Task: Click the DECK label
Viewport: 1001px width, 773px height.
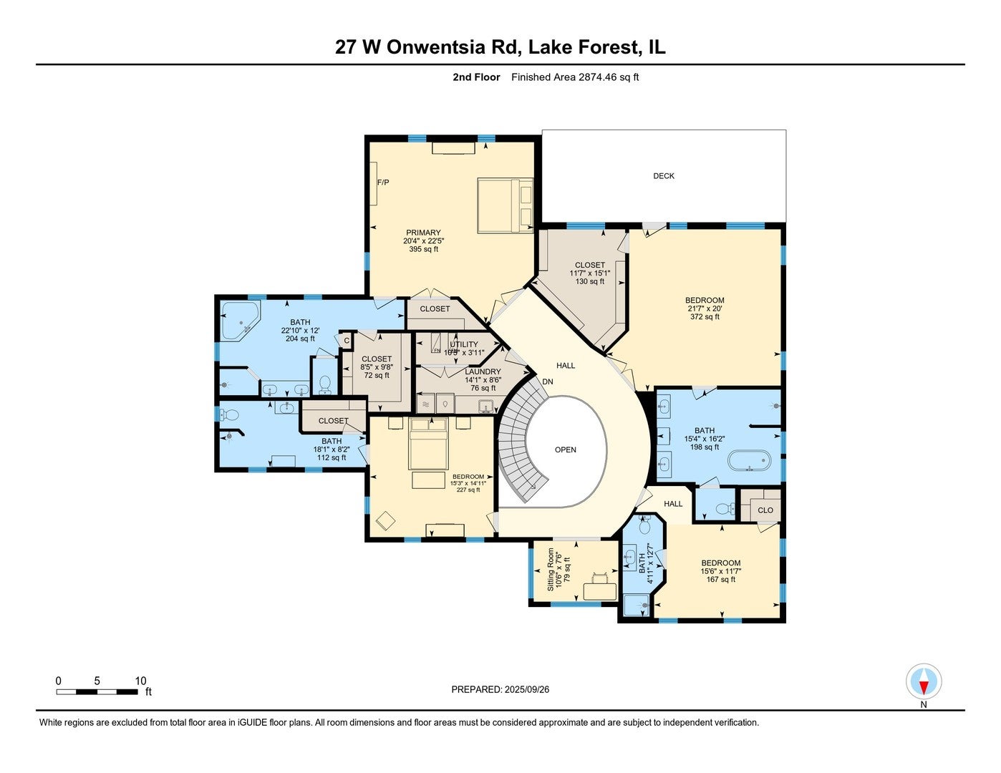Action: click(x=663, y=176)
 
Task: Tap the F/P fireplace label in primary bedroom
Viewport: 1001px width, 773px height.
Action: click(x=383, y=183)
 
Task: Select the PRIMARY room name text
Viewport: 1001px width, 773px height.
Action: click(x=423, y=233)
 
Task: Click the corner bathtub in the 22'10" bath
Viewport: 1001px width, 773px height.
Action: click(x=238, y=321)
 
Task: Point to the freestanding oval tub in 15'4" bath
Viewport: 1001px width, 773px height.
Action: click(x=749, y=460)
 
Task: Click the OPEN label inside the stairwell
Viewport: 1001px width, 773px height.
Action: click(x=565, y=450)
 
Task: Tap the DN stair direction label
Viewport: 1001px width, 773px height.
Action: click(x=548, y=382)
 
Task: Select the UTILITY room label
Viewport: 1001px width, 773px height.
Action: click(x=464, y=344)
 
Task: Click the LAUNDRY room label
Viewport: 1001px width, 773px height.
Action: click(x=483, y=372)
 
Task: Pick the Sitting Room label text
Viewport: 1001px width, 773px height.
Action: click(x=551, y=570)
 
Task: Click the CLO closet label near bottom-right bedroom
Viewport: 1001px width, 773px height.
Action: click(x=765, y=510)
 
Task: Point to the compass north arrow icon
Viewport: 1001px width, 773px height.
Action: click(x=924, y=681)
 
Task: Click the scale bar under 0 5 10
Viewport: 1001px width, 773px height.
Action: click(x=97, y=692)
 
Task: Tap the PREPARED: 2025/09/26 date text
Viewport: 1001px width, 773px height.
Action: click(x=500, y=690)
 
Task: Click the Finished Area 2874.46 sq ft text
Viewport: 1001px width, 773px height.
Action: click(x=574, y=77)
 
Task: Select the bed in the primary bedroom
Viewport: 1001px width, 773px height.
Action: click(x=505, y=205)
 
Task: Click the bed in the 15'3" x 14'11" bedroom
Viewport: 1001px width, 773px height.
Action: click(x=428, y=444)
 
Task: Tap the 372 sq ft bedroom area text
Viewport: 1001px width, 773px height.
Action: click(x=705, y=317)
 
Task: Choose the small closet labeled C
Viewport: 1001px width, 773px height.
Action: click(x=346, y=341)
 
